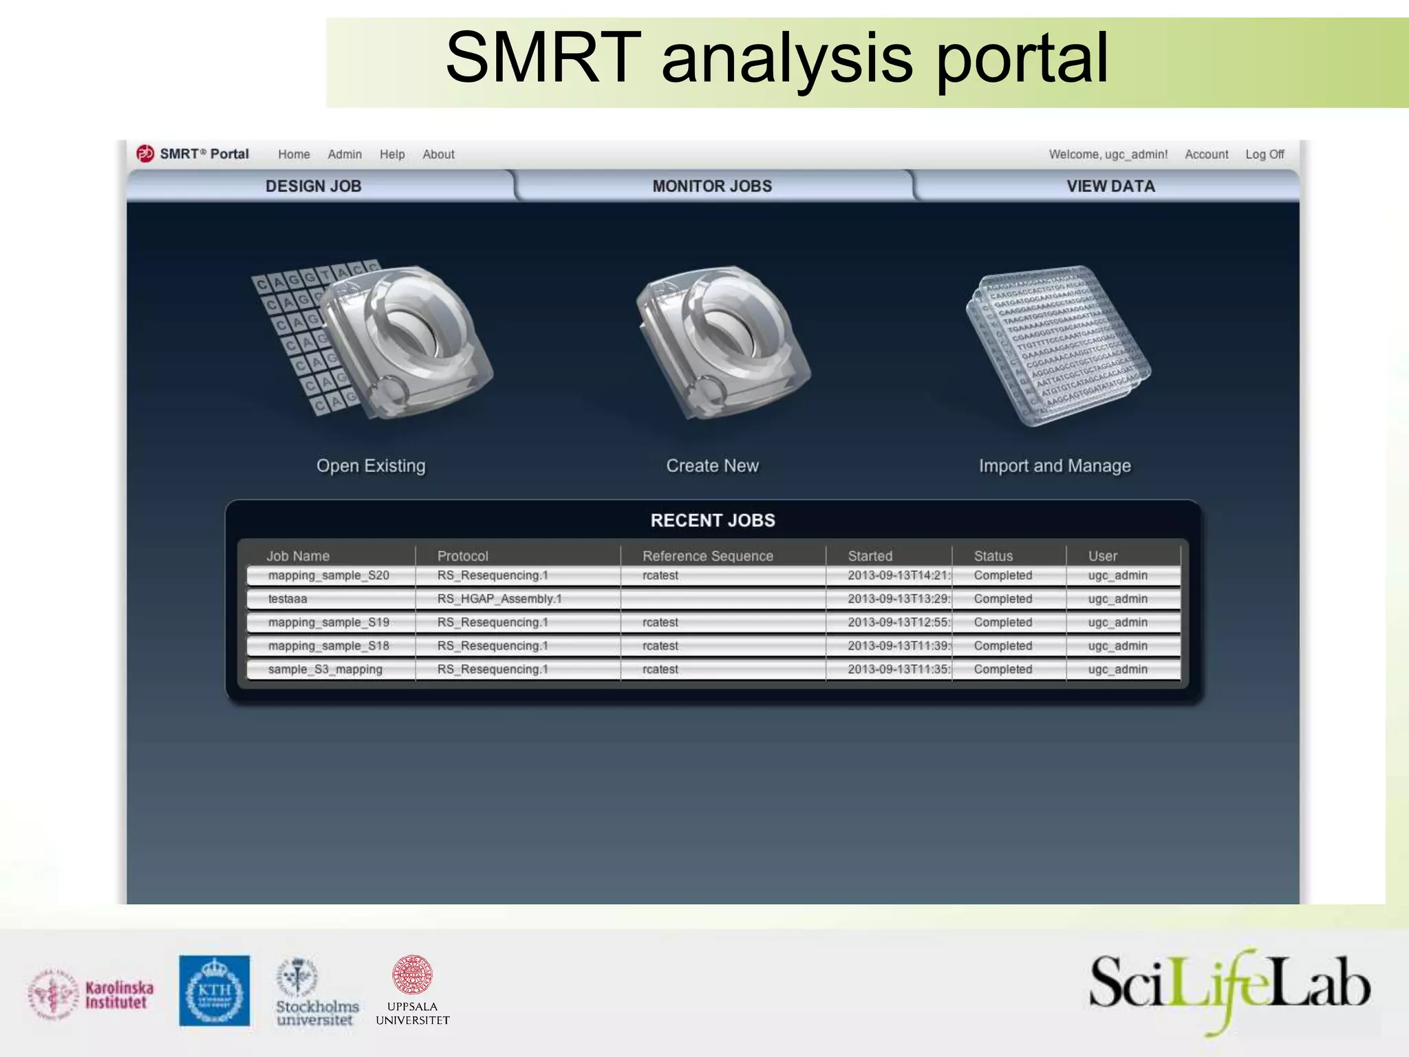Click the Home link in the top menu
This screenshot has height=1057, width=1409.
(294, 154)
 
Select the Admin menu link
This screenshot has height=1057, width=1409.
(345, 154)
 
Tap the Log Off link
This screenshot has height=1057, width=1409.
(1265, 154)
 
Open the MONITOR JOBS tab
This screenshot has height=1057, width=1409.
(712, 186)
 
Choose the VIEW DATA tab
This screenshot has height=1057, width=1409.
(1110, 186)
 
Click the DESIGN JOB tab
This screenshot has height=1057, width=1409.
(313, 186)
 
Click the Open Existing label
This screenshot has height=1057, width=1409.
(371, 466)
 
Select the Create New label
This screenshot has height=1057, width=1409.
(712, 466)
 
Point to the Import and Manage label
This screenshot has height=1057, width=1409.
(1055, 466)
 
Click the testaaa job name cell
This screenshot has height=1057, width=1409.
(288, 599)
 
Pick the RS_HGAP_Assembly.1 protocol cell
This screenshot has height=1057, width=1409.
(499, 599)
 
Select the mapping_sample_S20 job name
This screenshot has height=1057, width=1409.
(328, 575)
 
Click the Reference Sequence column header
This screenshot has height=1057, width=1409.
(707, 555)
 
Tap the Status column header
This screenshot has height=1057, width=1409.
(993, 555)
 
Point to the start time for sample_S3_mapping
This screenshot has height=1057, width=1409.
(899, 669)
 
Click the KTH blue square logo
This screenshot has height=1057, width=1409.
(215, 990)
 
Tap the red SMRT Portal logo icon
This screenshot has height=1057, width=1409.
(145, 153)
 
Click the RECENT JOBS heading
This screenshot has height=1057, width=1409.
(713, 520)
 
